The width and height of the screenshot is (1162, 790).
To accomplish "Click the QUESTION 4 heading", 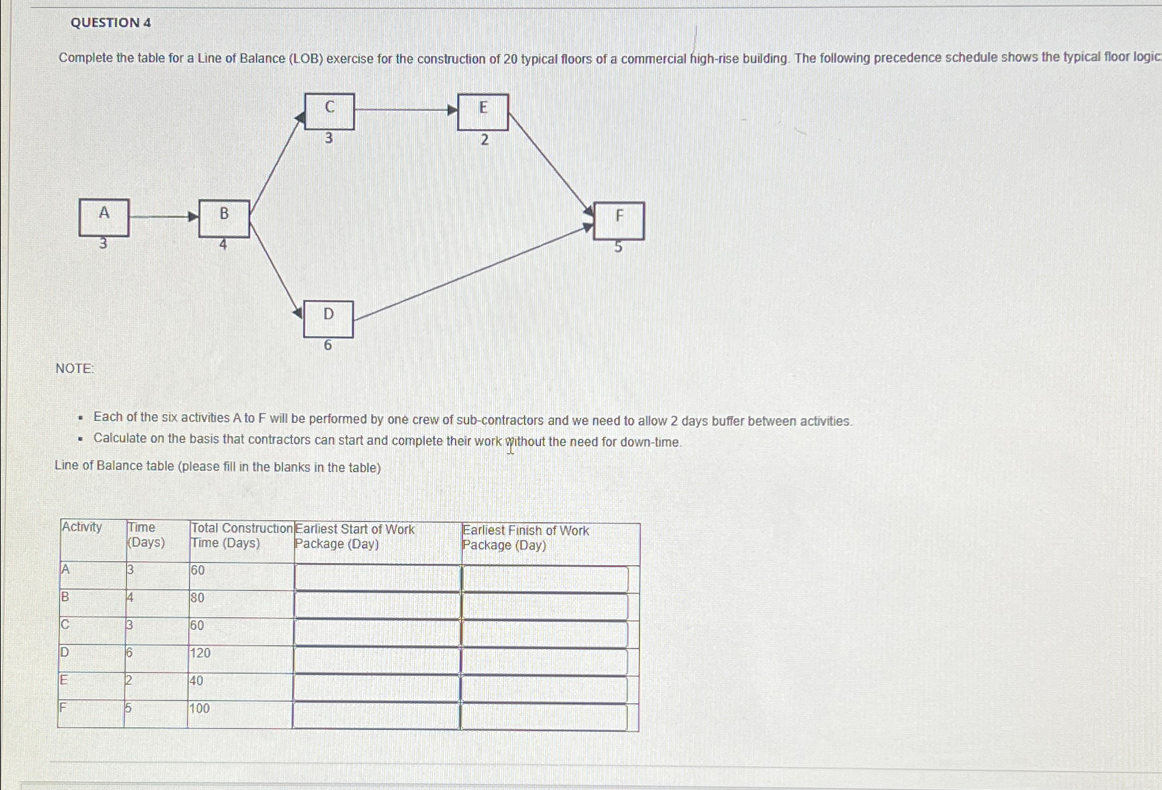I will (x=111, y=23).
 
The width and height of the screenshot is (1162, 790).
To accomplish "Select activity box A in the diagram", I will (x=104, y=217).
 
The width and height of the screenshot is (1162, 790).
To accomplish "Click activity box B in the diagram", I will (x=224, y=218).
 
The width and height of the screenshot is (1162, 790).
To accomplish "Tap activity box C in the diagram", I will (x=330, y=111).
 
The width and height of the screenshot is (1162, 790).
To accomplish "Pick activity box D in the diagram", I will (x=328, y=318).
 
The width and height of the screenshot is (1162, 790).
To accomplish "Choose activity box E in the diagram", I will (x=483, y=111).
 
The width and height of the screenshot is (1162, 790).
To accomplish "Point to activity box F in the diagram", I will (x=619, y=220).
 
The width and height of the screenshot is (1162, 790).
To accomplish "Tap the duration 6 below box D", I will (x=328, y=346).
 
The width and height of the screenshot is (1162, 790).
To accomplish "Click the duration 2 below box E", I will (x=484, y=140).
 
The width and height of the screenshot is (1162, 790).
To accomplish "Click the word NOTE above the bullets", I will (x=75, y=368).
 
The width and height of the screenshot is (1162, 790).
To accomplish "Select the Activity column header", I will (x=82, y=527).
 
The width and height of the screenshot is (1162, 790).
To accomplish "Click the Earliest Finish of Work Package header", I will (x=525, y=538).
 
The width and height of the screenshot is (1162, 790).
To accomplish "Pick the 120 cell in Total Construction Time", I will (x=200, y=653).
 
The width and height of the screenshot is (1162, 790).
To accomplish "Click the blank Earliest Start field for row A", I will (x=377, y=578).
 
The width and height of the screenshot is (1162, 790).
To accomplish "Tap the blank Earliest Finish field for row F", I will (x=544, y=717).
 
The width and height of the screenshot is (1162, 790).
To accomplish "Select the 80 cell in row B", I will (x=198, y=598).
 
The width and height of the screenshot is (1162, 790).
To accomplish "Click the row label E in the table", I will (x=64, y=680).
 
